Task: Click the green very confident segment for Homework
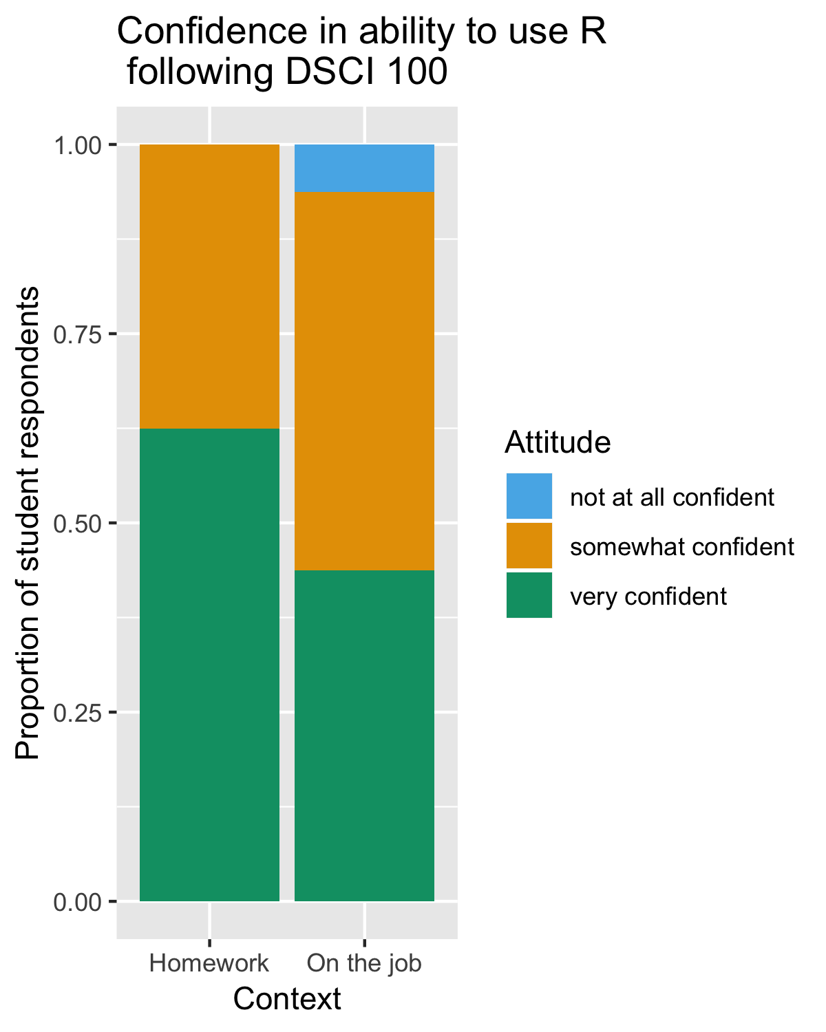tap(209, 664)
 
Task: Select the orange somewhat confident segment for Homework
tap(209, 286)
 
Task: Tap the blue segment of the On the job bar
tap(364, 168)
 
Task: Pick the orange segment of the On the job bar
tap(364, 381)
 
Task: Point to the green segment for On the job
tap(364, 735)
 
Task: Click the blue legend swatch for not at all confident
tap(529, 496)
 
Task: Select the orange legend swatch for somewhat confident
tap(529, 546)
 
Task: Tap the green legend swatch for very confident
tap(529, 595)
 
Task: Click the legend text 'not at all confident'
tap(673, 497)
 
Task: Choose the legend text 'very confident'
tap(648, 596)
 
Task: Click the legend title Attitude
tap(558, 442)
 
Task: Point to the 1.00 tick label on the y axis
tap(78, 145)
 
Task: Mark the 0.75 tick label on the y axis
tap(78, 334)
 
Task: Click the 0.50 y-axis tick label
tap(78, 524)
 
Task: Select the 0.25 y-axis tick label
tap(78, 713)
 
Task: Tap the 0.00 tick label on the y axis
tap(78, 902)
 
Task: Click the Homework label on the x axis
tap(209, 963)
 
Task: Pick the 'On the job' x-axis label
tap(364, 963)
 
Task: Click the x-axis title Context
tap(287, 999)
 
